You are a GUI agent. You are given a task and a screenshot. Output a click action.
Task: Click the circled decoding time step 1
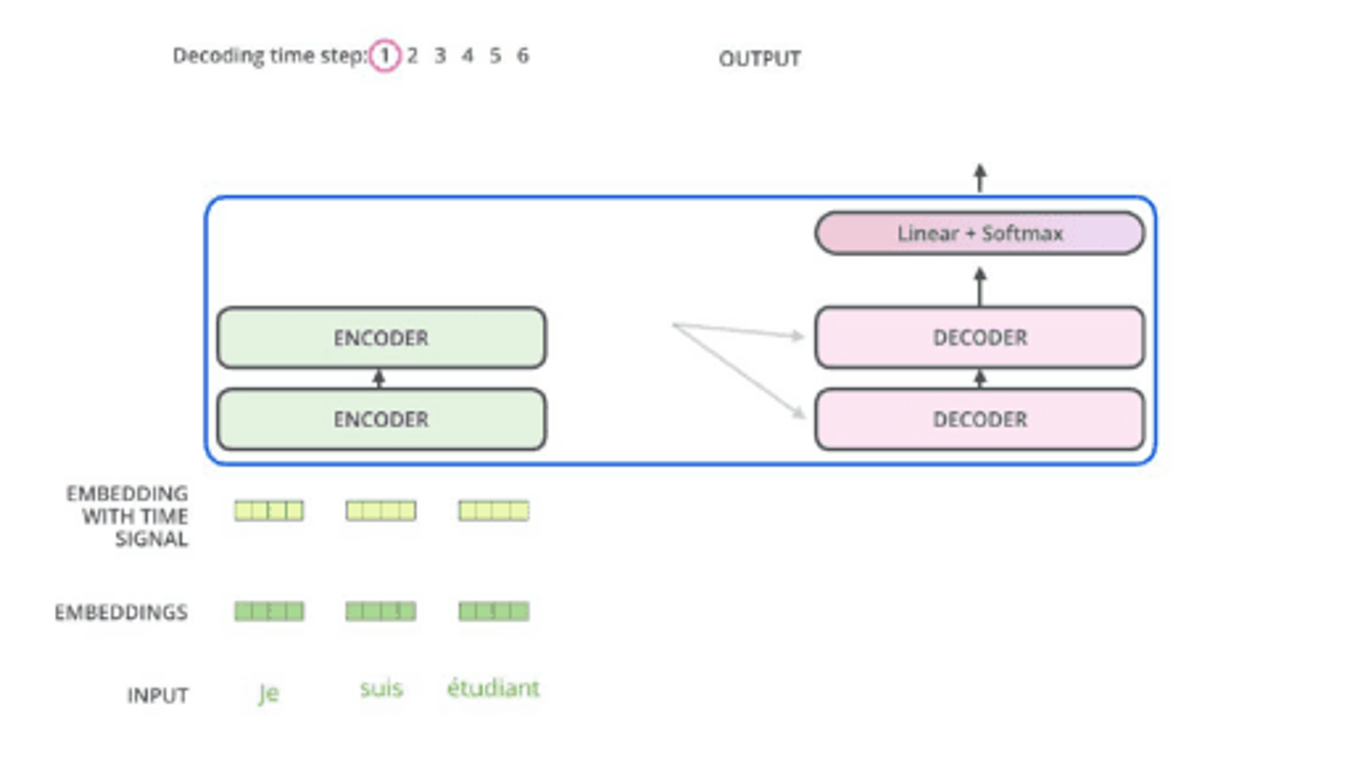click(384, 56)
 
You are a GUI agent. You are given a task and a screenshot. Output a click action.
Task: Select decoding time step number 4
click(468, 56)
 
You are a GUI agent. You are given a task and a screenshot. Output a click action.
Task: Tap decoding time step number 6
click(523, 56)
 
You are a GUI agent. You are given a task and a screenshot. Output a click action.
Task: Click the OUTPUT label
click(760, 59)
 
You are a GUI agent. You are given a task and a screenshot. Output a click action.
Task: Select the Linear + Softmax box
click(979, 233)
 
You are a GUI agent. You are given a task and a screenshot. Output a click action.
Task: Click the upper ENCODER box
click(381, 338)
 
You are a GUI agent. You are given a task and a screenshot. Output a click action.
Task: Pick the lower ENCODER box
click(381, 419)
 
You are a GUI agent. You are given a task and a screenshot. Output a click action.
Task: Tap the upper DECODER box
click(979, 338)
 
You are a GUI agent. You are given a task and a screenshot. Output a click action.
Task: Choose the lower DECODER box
click(979, 419)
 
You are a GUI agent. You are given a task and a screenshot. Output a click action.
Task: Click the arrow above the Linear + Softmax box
click(980, 178)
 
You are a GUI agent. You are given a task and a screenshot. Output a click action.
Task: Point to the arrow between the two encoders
click(378, 379)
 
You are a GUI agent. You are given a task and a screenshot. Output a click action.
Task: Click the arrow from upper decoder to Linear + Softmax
click(980, 287)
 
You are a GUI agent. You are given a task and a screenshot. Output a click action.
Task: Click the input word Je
click(268, 693)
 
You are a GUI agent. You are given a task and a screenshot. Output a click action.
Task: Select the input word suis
click(381, 689)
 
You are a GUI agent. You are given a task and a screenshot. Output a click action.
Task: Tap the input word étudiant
click(493, 688)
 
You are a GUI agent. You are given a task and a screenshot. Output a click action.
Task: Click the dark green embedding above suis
click(381, 611)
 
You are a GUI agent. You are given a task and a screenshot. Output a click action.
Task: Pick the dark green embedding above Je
click(269, 611)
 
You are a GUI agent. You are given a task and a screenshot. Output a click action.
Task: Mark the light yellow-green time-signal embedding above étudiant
click(494, 511)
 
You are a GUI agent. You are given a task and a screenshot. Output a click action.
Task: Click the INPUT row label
click(158, 695)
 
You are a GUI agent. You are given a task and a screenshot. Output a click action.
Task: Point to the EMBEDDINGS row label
click(121, 612)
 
